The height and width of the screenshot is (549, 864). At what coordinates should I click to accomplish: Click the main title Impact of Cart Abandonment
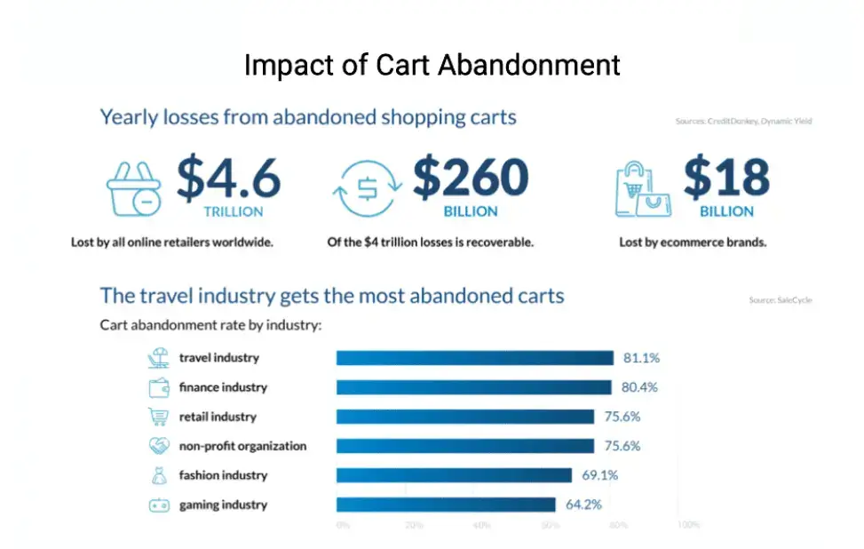432,66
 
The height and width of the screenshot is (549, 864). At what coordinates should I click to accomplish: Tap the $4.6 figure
228,178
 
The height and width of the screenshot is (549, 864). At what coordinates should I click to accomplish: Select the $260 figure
471,178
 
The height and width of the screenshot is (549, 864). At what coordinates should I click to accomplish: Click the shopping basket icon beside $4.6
134,188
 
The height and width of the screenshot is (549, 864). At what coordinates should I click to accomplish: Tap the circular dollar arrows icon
367,189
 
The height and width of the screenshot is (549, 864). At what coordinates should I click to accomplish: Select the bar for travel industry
474,358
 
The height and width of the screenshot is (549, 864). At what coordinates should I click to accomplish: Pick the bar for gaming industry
447,505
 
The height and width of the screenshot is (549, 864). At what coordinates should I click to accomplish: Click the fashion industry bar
454,475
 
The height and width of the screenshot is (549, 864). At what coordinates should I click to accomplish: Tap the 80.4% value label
637,387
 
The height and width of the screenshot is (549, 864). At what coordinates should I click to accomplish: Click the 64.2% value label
583,505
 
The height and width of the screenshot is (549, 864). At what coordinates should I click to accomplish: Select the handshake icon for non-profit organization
158,446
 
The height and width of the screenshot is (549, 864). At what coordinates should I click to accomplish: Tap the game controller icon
158,505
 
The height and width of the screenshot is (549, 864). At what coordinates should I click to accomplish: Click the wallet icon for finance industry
158,387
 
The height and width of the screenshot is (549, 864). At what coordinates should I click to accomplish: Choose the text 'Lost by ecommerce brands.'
693,242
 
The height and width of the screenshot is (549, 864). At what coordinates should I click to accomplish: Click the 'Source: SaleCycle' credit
780,300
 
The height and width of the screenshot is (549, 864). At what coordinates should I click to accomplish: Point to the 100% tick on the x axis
688,525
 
